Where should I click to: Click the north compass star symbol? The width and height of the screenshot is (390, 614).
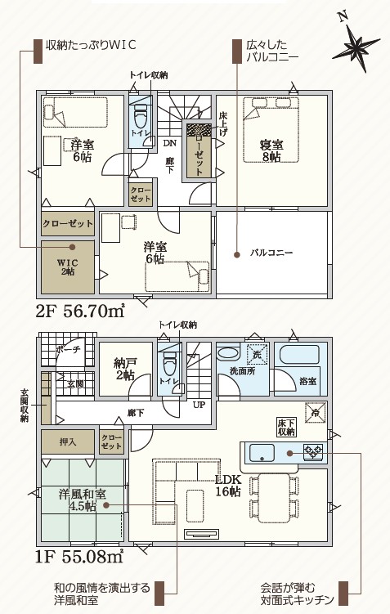[x=356, y=47]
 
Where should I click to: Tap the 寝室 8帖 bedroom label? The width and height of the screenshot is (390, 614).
[x=271, y=150]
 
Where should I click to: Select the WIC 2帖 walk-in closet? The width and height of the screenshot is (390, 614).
[x=68, y=267]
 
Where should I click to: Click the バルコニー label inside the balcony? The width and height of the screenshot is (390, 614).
[x=271, y=253]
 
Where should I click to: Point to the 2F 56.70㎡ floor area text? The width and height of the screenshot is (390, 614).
[x=79, y=311]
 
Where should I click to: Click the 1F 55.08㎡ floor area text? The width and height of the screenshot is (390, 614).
[x=79, y=557]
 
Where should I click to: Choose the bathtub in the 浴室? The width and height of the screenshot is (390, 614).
[x=299, y=355]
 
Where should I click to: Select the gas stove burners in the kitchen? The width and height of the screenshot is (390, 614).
[x=313, y=451]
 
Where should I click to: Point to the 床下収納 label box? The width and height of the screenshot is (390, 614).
[x=286, y=428]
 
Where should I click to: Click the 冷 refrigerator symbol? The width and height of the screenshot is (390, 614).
[x=316, y=413]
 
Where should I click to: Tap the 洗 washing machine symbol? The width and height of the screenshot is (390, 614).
[x=257, y=354]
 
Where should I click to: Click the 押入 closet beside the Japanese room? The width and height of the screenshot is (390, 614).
[x=68, y=441]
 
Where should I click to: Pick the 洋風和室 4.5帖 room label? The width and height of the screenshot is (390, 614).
[x=83, y=500]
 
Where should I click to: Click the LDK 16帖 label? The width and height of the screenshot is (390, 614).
[x=228, y=486]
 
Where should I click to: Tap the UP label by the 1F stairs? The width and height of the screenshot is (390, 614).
[x=199, y=405]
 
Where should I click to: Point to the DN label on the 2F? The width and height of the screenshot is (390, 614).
[x=170, y=143]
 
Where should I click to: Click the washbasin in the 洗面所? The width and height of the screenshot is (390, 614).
[x=229, y=353]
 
